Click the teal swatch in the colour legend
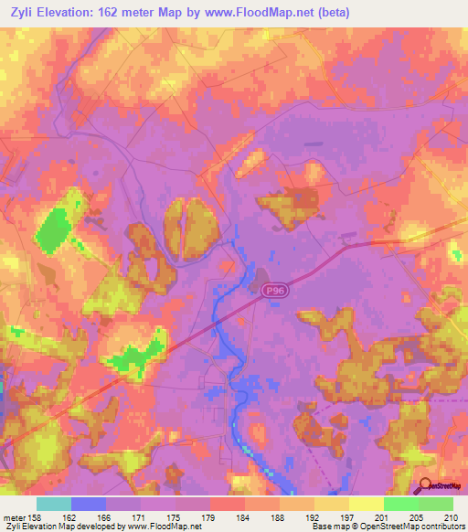[54, 504]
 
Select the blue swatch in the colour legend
[89, 504]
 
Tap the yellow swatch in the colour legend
[366, 504]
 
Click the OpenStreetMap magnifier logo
[426, 487]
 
